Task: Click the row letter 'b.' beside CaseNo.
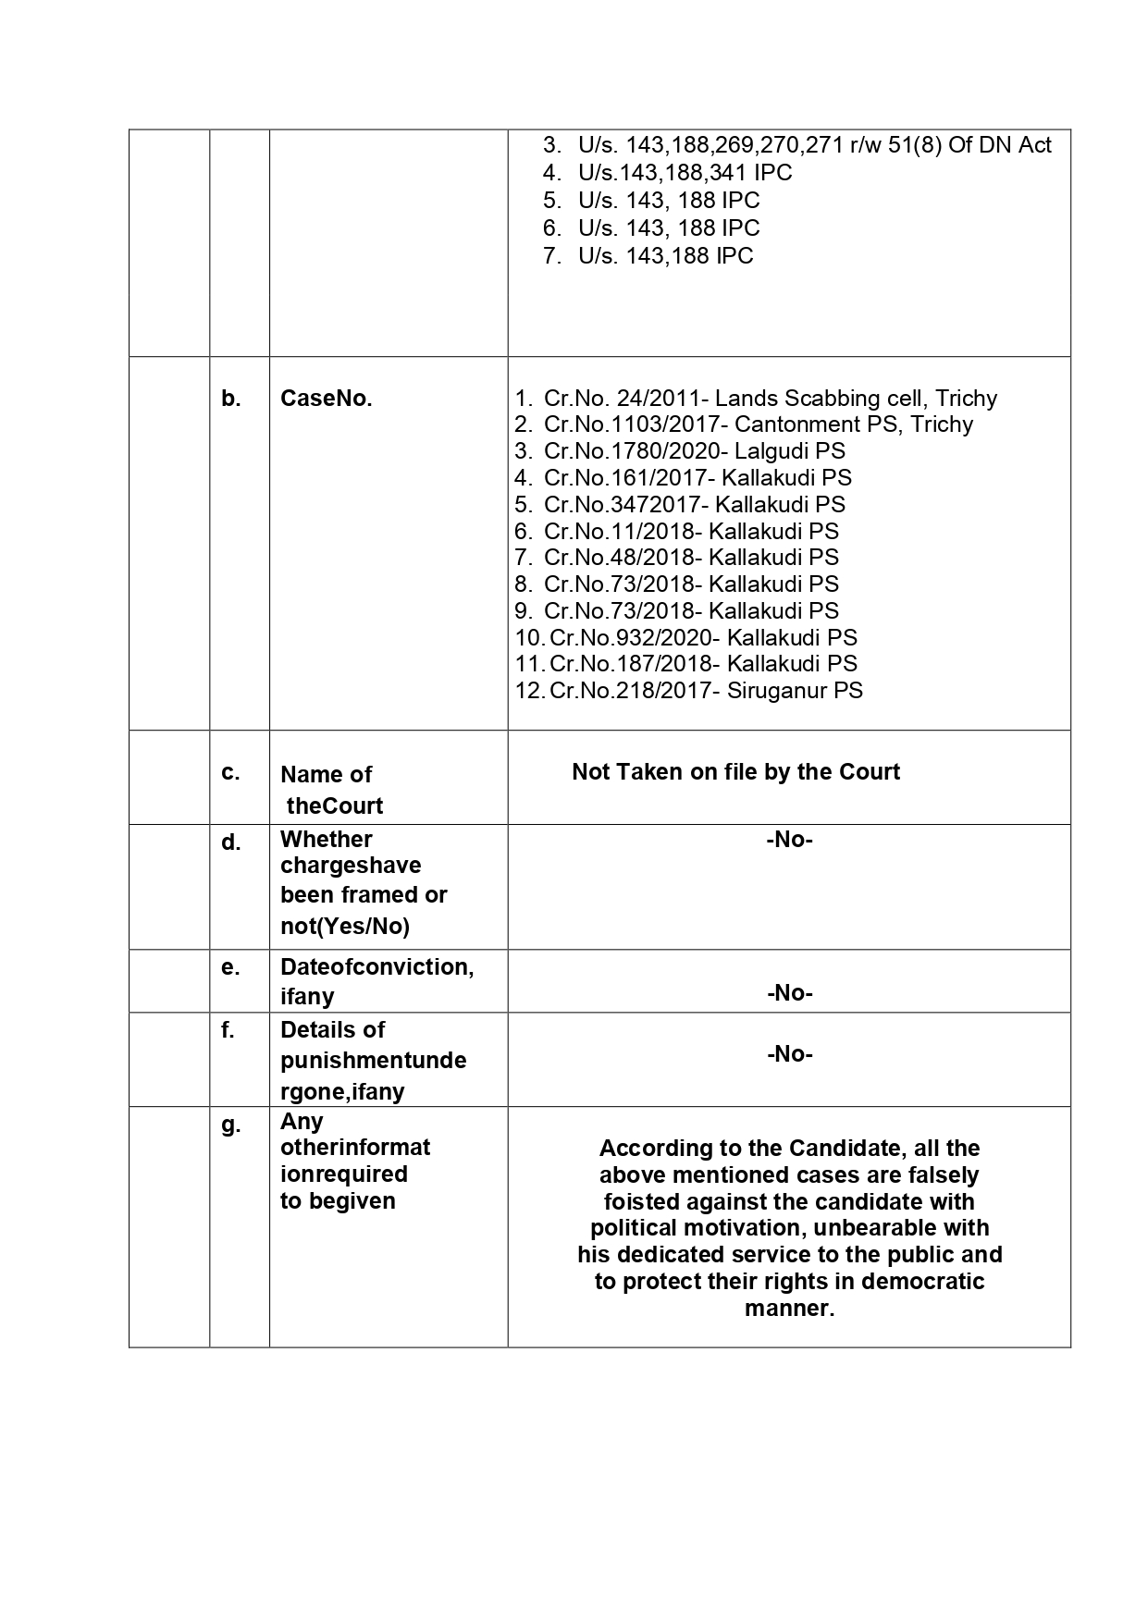230,399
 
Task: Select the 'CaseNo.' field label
326,399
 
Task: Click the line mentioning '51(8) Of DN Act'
814,145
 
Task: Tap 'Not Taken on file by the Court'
735,772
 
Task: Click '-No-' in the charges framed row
789,841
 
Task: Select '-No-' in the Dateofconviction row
789,993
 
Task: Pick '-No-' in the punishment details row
789,1054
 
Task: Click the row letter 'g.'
230,1125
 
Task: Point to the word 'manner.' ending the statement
789,1309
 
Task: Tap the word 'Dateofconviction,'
376,967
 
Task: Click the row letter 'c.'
230,773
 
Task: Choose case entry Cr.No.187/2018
702,664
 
